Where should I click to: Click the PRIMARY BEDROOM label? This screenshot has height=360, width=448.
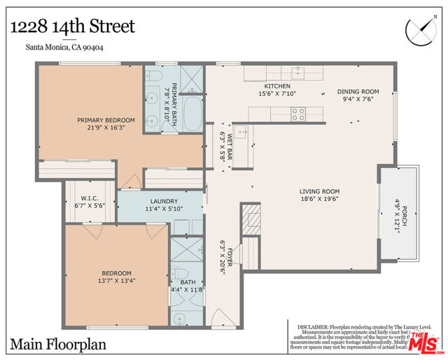click(x=105, y=120)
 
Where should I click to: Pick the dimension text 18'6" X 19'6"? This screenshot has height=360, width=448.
click(x=319, y=200)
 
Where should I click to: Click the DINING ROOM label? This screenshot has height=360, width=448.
click(x=358, y=91)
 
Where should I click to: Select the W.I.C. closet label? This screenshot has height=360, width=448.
click(x=90, y=198)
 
